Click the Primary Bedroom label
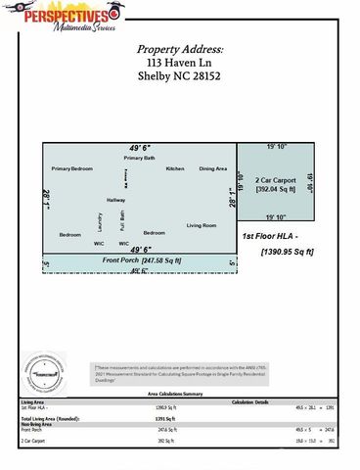coord(72,169)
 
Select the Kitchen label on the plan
coord(175,169)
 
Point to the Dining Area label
coord(213,169)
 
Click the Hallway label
coord(116,200)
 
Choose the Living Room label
coord(202,225)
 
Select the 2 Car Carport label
coord(275,182)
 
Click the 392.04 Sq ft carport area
coord(275,191)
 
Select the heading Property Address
coord(179,49)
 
